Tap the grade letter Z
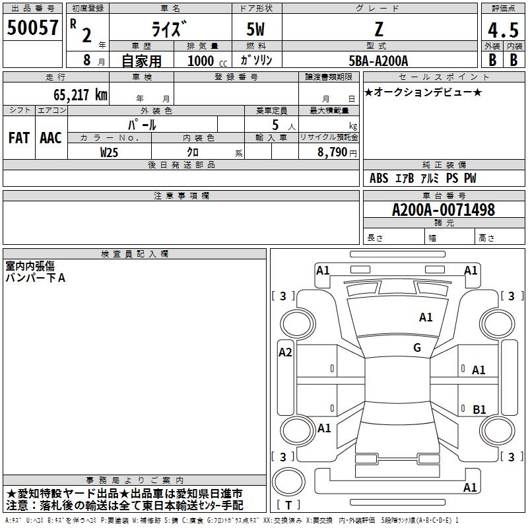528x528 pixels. click(x=379, y=29)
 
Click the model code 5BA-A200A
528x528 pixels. click(x=378, y=61)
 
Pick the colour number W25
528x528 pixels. click(x=110, y=152)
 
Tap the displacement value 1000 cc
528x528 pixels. click(x=206, y=61)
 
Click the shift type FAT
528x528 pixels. click(x=18, y=138)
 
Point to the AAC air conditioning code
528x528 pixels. click(x=51, y=138)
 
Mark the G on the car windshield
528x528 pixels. click(x=417, y=348)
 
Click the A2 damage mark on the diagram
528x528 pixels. click(x=285, y=352)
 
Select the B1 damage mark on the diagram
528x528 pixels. click(x=479, y=410)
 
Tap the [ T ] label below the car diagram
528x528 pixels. click(x=288, y=506)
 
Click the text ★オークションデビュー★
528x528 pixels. click(x=423, y=92)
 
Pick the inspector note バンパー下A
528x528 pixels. click(x=36, y=278)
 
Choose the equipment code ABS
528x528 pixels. click(x=379, y=178)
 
